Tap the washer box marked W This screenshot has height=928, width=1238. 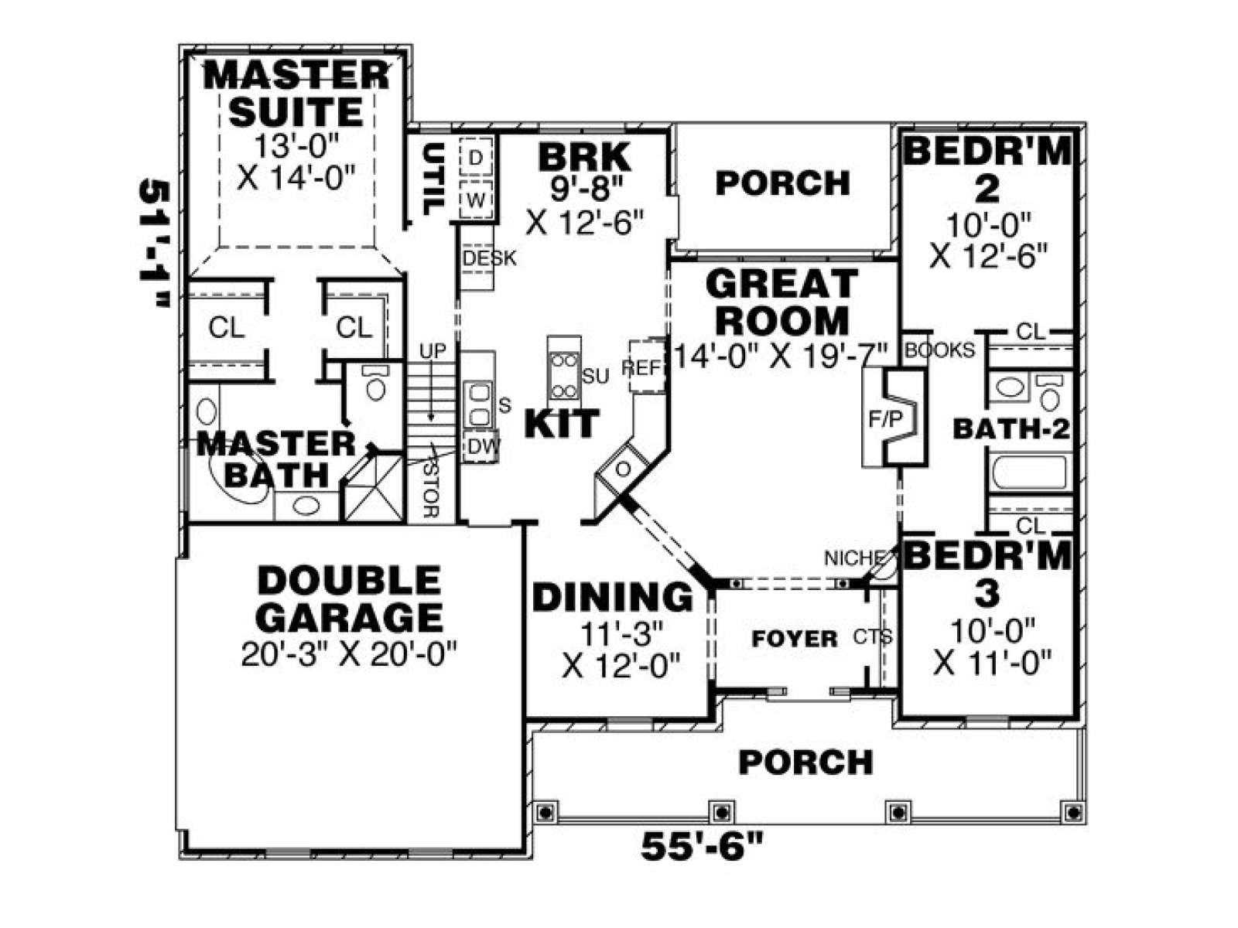pyautogui.click(x=475, y=200)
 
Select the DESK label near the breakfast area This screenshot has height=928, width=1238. pyautogui.click(x=488, y=258)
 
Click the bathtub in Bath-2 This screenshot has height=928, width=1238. pyautogui.click(x=1030, y=473)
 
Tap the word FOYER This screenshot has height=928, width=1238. pyautogui.click(x=795, y=639)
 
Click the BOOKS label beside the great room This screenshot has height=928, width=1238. pyautogui.click(x=939, y=350)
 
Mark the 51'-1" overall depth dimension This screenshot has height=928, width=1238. pyautogui.click(x=153, y=244)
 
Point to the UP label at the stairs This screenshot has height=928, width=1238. pyautogui.click(x=433, y=350)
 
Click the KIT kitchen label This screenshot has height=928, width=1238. pyautogui.click(x=561, y=424)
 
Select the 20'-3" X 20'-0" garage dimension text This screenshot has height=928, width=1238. pyautogui.click(x=348, y=655)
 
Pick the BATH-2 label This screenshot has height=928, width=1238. pyautogui.click(x=1011, y=430)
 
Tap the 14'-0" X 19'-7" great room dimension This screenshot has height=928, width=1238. pyautogui.click(x=781, y=356)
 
